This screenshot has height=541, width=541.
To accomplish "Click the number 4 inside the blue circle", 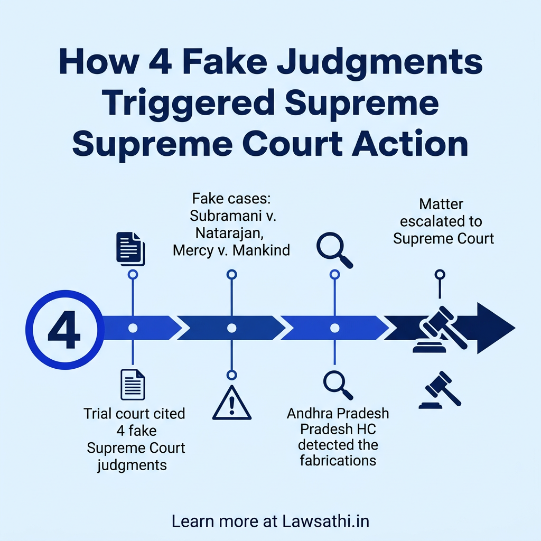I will (x=64, y=332).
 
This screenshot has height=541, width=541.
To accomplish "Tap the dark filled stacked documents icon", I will (x=130, y=248).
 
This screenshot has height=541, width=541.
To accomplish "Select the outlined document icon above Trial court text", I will (x=132, y=385).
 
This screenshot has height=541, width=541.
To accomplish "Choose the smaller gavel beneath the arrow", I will (x=440, y=390).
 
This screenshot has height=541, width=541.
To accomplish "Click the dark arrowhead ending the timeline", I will (x=494, y=328).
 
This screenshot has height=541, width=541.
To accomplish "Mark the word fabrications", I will (x=338, y=460).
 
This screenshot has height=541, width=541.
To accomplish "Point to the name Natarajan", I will (x=230, y=233).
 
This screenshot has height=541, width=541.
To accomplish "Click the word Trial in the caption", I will (x=100, y=414).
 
